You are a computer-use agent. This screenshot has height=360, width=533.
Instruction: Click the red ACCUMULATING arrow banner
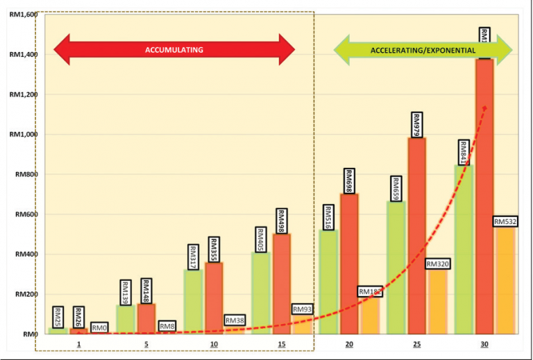174,50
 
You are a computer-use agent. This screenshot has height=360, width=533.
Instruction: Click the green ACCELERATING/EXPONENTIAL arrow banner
423,51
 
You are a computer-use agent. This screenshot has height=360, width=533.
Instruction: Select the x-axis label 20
348,345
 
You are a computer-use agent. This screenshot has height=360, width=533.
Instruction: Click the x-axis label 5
146,345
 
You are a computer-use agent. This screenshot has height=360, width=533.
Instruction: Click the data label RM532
506,222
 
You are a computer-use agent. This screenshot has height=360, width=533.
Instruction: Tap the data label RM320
438,264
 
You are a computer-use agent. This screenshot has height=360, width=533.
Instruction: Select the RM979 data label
417,125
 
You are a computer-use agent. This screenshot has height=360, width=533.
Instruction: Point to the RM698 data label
349,182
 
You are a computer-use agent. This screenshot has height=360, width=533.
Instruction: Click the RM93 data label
303,309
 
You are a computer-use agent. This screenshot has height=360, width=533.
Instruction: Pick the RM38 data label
235,320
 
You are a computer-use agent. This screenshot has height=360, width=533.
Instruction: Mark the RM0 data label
99,327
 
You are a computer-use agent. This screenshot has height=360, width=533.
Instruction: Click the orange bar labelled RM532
506,284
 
